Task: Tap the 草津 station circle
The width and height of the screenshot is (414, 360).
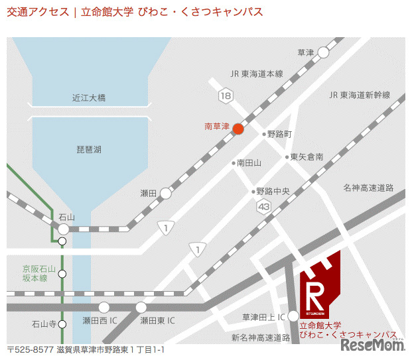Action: coord(323,52)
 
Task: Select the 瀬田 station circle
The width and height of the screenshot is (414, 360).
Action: coord(166,193)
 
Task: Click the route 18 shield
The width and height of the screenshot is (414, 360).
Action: coord(228,96)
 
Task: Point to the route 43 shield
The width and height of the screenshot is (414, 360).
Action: coord(264,208)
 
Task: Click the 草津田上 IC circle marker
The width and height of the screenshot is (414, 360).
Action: coord(294,317)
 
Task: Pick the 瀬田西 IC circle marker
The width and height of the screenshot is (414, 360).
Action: coord(103,307)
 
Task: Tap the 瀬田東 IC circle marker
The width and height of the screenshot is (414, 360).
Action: coord(141,307)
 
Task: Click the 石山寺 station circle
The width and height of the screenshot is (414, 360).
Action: coord(62,324)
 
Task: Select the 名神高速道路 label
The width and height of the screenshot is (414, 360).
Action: coord(368,188)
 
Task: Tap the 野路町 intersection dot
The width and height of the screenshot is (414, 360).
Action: coord(264,134)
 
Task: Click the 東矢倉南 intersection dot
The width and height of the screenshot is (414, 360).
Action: coord(287,157)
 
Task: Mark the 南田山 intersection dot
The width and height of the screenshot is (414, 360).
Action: coord(234,162)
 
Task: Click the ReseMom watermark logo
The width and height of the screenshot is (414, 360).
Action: coord(372,345)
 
